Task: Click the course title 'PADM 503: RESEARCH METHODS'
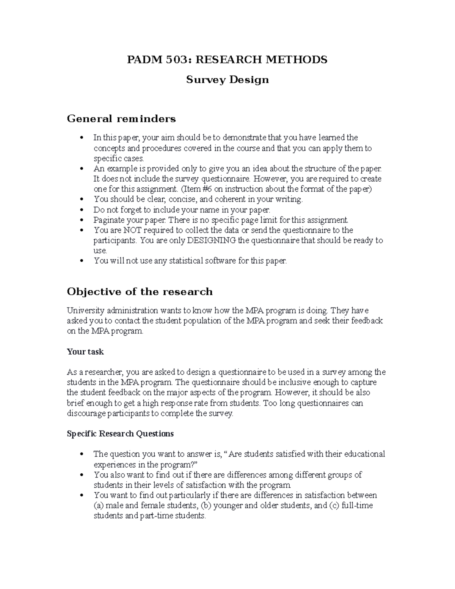click(x=227, y=60)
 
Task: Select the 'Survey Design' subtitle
click(x=227, y=80)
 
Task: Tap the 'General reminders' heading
click(x=121, y=119)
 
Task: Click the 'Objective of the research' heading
click(x=140, y=292)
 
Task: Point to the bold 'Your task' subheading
click(x=85, y=352)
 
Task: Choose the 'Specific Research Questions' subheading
click(x=120, y=434)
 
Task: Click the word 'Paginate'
click(x=108, y=220)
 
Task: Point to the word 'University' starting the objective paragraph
click(x=85, y=311)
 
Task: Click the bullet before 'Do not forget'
click(x=82, y=210)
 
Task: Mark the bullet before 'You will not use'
click(x=82, y=261)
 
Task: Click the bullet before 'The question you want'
click(x=82, y=454)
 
